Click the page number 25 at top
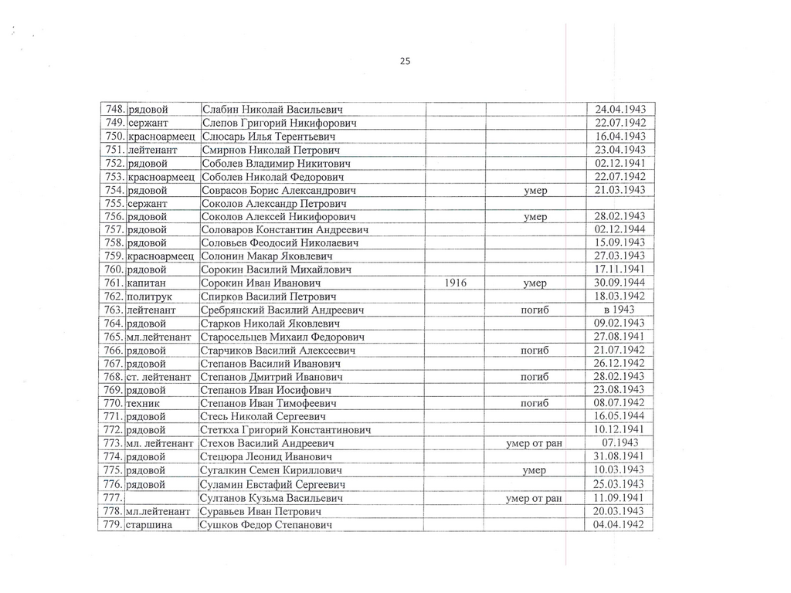[406, 62]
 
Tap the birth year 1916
[456, 283]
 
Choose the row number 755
[112, 203]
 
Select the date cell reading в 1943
[620, 310]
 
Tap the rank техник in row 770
[143, 403]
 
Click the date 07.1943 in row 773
[620, 442]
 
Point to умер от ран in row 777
[534, 499]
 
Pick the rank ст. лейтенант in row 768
[158, 377]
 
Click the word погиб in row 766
[535, 351]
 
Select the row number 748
[112, 110]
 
